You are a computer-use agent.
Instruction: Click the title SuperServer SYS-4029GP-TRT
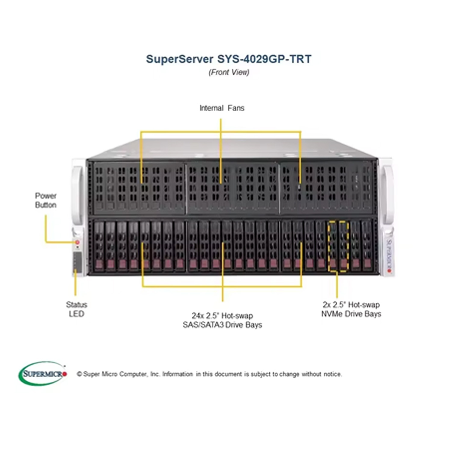[228, 59]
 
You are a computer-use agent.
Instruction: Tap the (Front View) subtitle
[229, 72]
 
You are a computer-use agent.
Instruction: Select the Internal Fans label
[222, 108]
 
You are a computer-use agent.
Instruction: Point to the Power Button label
[46, 200]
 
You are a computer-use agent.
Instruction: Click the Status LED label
[76, 309]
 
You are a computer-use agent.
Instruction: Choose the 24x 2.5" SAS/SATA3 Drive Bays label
[222, 320]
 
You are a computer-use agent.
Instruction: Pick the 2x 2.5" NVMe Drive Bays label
[351, 309]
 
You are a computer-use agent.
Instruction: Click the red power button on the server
[77, 242]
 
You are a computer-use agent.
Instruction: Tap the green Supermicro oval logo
[42, 373]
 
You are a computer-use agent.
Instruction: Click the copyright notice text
[209, 374]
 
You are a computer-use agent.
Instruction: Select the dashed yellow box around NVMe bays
[338, 246]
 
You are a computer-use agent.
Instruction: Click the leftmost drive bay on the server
[99, 246]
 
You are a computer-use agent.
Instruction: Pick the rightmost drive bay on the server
[367, 246]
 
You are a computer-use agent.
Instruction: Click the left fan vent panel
[139, 188]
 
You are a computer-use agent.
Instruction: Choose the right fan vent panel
[327, 188]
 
